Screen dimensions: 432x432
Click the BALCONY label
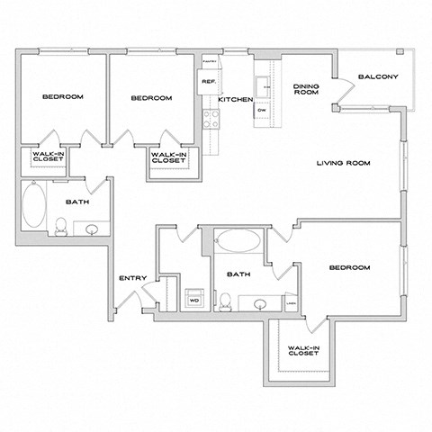[378, 77]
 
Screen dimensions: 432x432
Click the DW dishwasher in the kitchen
[261, 110]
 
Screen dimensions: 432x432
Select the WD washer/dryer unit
[193, 298]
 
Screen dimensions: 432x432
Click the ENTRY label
[131, 279]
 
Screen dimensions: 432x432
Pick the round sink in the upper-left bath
[91, 230]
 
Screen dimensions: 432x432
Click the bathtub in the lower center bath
[238, 241]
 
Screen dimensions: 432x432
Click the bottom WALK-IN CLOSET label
[303, 350]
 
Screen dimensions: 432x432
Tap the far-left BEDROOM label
[62, 96]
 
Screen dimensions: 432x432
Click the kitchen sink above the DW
[262, 86]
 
